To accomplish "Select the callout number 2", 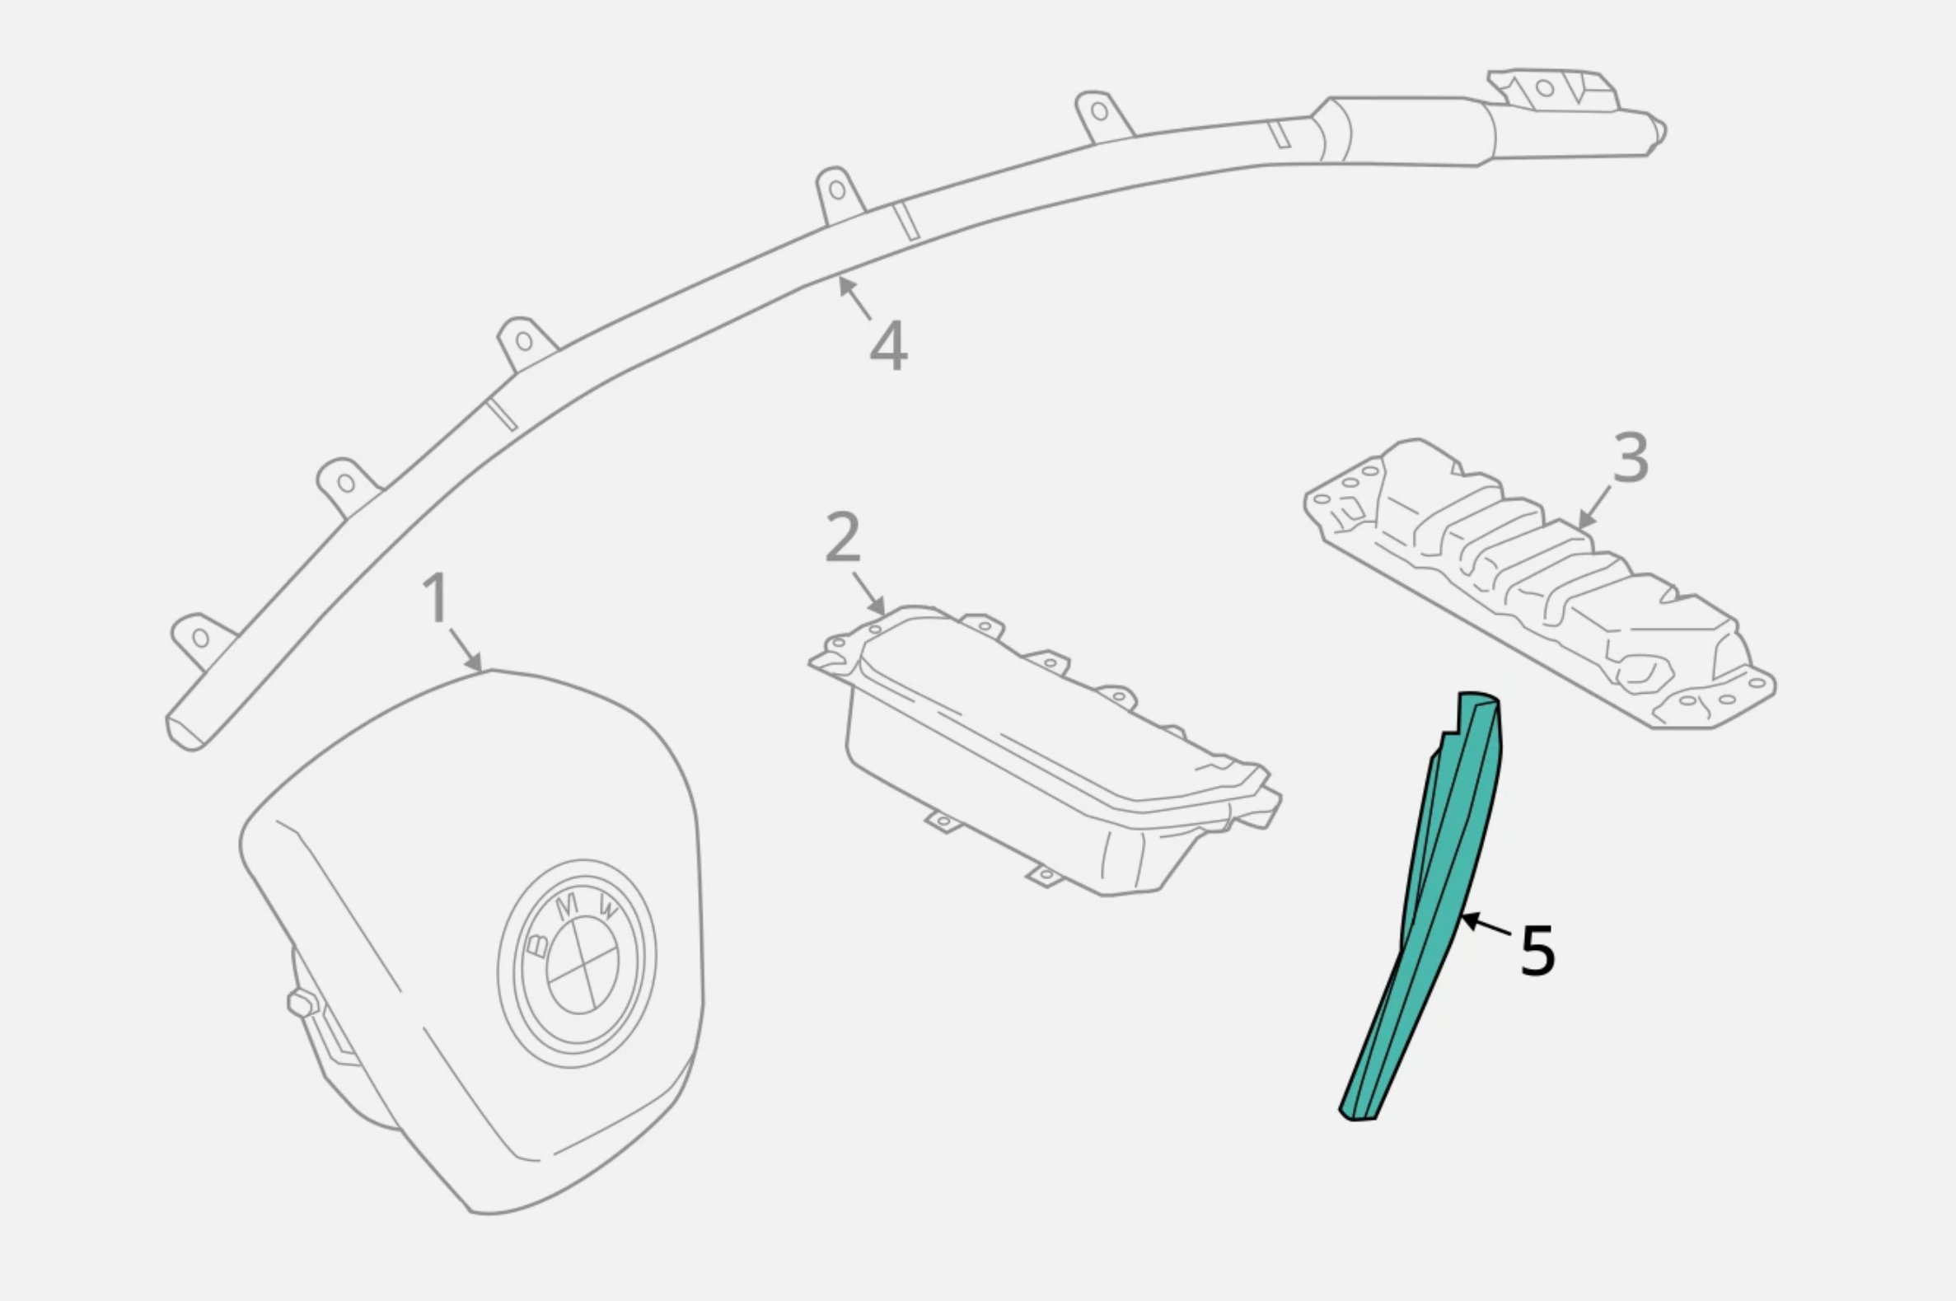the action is pyautogui.click(x=844, y=537).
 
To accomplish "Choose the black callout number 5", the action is pyautogui.click(x=1537, y=951).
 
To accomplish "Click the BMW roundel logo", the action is pyautogui.click(x=578, y=962).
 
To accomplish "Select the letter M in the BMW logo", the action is pyautogui.click(x=568, y=908).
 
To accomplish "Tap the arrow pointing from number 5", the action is pyautogui.click(x=1486, y=925).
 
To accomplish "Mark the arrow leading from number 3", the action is pyautogui.click(x=1593, y=508).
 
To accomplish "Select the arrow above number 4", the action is pyautogui.click(x=854, y=298).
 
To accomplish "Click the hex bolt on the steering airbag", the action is pyautogui.click(x=302, y=1003).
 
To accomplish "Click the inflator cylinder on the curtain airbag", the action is pyautogui.click(x=1411, y=131).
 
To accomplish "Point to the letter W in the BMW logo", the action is pyautogui.click(x=608, y=912).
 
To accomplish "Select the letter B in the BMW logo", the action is pyautogui.click(x=538, y=944).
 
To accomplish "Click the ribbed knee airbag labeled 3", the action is pyautogui.click(x=1539, y=583).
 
